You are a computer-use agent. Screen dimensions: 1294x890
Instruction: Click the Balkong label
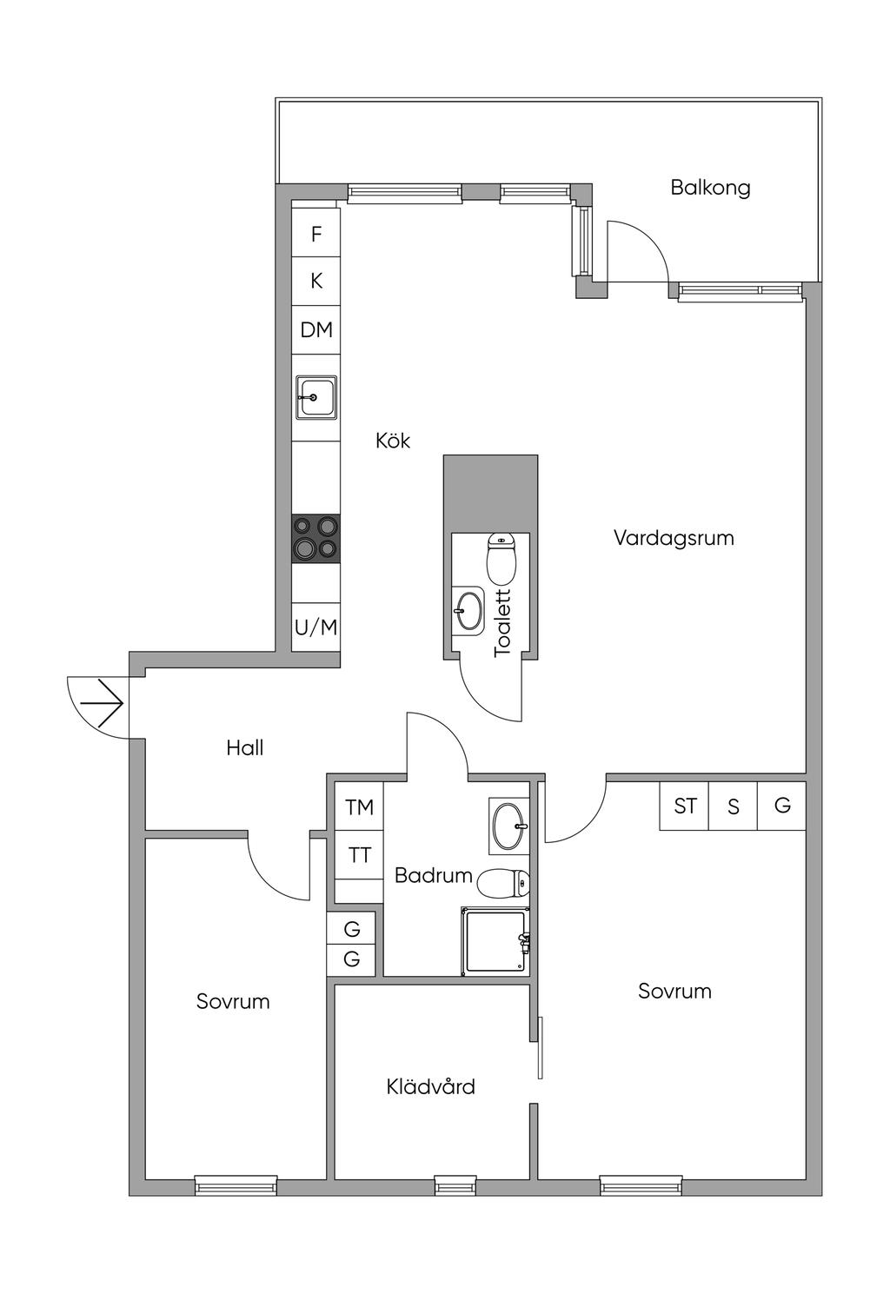[710, 188]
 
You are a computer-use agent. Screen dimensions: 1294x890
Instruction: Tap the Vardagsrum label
[674, 538]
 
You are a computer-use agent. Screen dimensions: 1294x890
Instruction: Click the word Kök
[393, 441]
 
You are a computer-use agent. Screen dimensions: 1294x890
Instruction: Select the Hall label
[245, 747]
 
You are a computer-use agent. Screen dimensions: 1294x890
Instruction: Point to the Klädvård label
[431, 1086]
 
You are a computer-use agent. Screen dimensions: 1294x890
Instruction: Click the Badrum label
[433, 875]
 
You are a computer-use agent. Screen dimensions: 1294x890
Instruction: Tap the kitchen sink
[315, 397]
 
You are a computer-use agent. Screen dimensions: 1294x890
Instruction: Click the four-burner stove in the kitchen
[315, 538]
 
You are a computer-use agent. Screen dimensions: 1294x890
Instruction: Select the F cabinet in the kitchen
[316, 234]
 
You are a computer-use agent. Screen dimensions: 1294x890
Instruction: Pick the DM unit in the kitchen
[316, 330]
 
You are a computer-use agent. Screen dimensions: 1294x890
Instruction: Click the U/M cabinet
[315, 627]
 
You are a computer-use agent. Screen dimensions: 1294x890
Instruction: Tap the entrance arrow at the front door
[103, 702]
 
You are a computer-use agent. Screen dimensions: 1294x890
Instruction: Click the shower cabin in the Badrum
[495, 941]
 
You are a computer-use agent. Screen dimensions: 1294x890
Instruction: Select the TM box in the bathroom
[359, 807]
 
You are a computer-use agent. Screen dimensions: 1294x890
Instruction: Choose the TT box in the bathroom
[359, 856]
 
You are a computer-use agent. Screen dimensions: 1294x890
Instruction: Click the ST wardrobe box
[685, 806]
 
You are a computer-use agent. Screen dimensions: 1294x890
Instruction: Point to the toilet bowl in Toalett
[501, 559]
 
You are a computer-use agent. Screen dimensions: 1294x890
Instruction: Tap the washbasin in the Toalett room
[469, 609]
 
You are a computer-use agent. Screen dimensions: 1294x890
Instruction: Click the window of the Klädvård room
[455, 1185]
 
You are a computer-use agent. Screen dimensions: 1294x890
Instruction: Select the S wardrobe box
[734, 806]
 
